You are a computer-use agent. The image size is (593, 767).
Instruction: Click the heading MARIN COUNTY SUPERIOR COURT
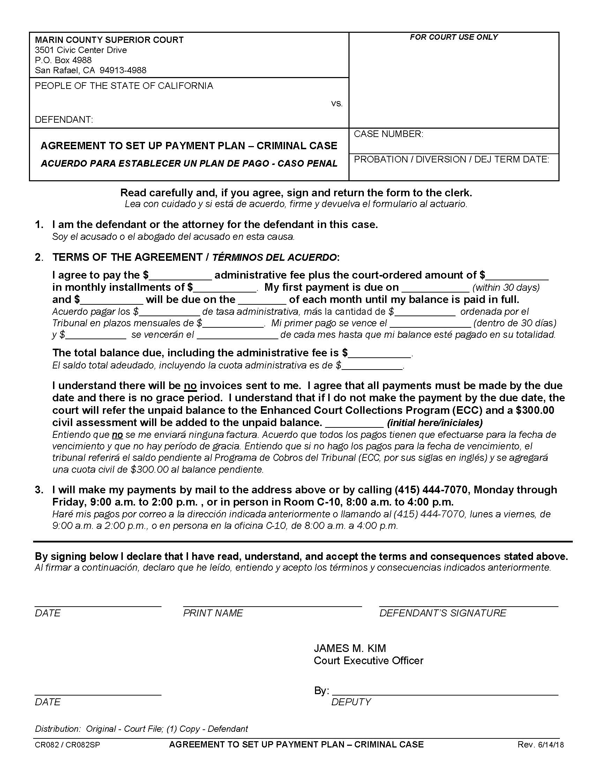109,40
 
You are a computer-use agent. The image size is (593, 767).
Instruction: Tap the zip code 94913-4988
123,70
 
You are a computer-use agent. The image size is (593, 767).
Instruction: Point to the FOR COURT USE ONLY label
453,37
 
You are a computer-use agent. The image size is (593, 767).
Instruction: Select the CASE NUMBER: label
388,134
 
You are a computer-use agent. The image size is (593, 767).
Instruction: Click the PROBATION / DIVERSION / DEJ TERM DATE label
451,159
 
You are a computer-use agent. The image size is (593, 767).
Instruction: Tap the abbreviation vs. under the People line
337,104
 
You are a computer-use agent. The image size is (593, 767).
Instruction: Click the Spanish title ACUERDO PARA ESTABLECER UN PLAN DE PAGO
189,164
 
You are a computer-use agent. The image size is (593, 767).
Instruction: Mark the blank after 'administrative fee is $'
380,354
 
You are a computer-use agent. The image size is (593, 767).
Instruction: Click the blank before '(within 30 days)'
435,289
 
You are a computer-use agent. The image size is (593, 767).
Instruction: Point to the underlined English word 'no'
190,386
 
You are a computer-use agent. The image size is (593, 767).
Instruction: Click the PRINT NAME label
213,613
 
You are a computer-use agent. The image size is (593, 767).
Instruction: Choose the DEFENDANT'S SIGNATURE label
443,613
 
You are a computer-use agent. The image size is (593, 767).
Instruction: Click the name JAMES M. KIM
350,648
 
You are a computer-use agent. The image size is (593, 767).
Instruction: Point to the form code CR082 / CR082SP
67,745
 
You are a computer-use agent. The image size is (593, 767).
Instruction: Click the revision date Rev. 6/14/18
540,745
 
